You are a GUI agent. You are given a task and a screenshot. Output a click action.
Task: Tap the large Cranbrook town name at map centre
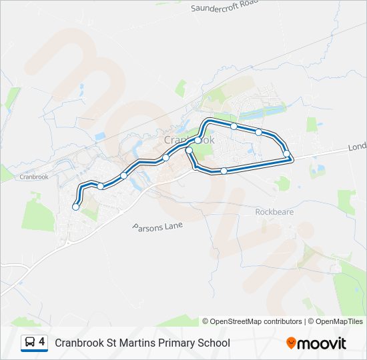coord(189,141)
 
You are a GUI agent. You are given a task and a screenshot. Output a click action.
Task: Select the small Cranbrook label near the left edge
coord(35,177)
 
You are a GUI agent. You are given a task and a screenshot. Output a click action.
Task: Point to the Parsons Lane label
coord(157,227)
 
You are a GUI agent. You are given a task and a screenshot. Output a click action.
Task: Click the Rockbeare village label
coord(274,212)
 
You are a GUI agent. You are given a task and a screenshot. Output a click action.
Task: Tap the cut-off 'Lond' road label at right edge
coord(357,147)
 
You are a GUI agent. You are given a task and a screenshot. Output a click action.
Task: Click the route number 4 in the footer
coord(42,342)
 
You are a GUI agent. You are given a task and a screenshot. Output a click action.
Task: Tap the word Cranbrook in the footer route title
coord(79,343)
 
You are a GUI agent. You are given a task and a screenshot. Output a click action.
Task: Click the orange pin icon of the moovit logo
coord(291,343)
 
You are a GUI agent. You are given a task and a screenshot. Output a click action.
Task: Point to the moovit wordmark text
coord(322,343)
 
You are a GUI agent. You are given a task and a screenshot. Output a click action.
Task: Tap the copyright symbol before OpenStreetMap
coord(206,321)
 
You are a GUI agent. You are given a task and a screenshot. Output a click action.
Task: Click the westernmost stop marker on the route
coord(75,207)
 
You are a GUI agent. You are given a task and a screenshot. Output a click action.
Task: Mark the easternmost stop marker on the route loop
coord(287,155)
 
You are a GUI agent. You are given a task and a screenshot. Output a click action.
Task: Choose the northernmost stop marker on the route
coord(234,126)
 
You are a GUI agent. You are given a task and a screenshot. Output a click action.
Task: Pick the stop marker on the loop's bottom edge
coord(224,171)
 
